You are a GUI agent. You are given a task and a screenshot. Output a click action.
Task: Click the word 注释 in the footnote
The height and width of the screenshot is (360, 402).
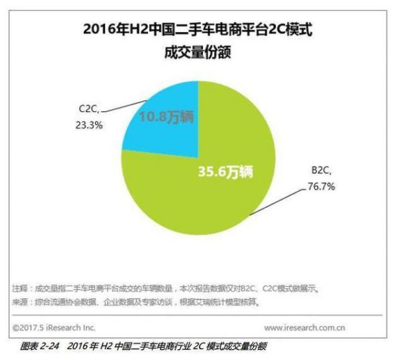(x=19, y=288)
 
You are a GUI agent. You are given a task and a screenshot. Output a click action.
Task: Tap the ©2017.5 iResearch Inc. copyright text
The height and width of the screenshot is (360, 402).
(x=54, y=328)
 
